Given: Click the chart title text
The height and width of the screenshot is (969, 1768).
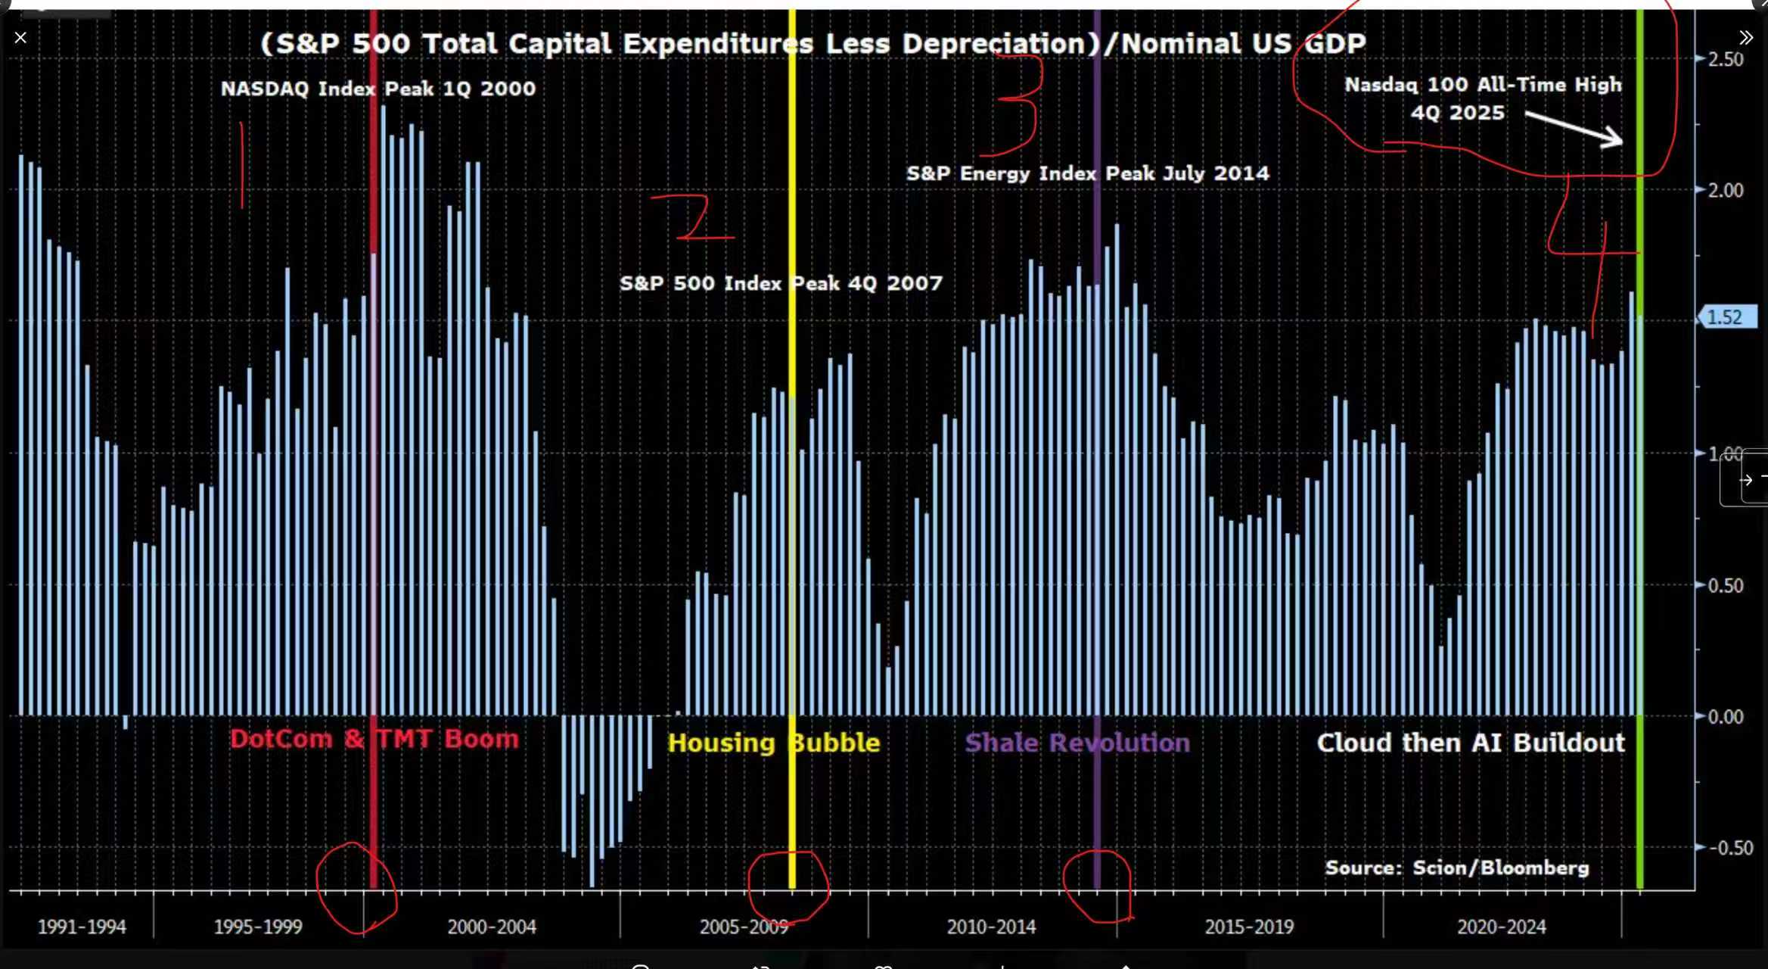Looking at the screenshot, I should tap(813, 44).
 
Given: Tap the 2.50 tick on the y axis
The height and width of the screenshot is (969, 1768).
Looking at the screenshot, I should tap(1726, 59).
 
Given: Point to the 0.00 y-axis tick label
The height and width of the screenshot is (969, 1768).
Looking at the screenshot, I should tap(1726, 716).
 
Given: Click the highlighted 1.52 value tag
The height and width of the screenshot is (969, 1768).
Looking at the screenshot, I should tap(1726, 317).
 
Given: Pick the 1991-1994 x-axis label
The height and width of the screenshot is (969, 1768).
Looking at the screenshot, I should tap(82, 927).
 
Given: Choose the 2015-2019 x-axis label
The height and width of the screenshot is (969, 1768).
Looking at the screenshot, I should tap(1249, 927).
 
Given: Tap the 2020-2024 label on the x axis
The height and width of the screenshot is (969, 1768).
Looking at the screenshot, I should tap(1502, 927).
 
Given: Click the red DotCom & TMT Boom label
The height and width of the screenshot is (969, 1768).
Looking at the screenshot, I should tap(374, 739).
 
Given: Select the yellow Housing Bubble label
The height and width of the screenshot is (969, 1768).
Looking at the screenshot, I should tap(773, 743).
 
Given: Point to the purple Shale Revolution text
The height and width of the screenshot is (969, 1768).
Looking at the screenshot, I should tap(1077, 743).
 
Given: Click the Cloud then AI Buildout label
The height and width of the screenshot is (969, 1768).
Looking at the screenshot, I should tap(1471, 743).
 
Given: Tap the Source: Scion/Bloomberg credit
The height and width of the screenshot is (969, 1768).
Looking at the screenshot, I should tap(1457, 868).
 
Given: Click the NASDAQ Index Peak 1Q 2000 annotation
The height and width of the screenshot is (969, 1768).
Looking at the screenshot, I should tap(378, 89).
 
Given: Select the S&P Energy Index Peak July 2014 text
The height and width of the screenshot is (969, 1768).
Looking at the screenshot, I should tap(1088, 173).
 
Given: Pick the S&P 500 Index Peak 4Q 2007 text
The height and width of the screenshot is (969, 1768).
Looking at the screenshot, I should tap(781, 283).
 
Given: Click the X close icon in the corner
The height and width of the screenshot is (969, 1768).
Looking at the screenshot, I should tap(20, 38).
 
